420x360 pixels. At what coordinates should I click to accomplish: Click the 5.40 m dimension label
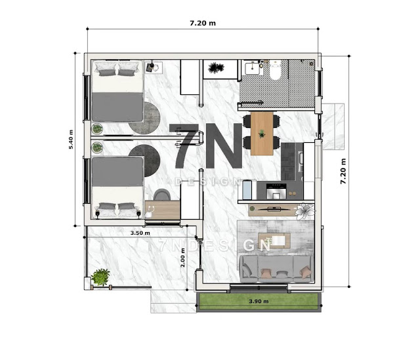click(71, 140)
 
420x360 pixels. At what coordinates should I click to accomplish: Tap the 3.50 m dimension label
click(140, 233)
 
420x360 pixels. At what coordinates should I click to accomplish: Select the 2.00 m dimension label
click(182, 258)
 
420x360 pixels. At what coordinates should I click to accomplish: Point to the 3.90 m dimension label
click(259, 302)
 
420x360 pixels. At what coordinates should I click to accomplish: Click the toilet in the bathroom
click(275, 70)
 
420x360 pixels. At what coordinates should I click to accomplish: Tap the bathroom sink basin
click(252, 68)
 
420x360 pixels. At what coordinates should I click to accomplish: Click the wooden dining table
click(262, 134)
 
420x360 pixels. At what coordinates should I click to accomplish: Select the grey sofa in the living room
click(276, 269)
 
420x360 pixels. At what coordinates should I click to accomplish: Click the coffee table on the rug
click(274, 241)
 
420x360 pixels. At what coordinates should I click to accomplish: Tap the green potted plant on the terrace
click(100, 277)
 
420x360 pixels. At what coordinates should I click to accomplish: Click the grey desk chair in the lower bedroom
click(162, 195)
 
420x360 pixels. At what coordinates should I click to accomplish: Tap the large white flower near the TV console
click(304, 211)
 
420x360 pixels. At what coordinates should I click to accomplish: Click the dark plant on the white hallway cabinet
click(216, 68)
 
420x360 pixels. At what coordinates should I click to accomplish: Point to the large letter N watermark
click(224, 146)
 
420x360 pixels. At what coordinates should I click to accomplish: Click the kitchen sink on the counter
click(301, 161)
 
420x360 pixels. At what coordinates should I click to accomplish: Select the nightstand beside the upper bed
click(154, 68)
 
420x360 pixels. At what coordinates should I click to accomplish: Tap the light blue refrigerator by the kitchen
click(247, 190)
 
